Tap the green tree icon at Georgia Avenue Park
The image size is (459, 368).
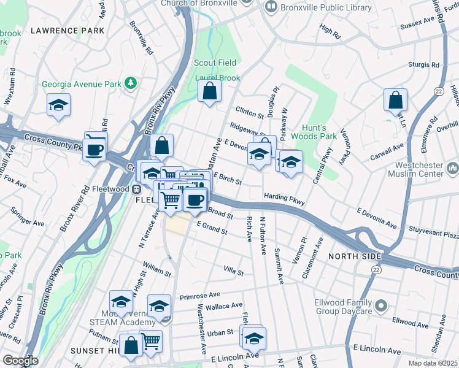[x=130, y=83]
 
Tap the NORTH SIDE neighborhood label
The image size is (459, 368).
[x=355, y=256]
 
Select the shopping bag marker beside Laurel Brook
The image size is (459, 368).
[x=210, y=92]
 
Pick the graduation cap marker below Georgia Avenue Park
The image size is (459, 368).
[x=59, y=105]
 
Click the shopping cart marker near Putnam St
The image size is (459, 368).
[x=151, y=341]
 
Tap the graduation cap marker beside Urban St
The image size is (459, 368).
[x=254, y=338]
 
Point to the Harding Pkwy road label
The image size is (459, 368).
[x=284, y=197]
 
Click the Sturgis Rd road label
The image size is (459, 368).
[x=424, y=64]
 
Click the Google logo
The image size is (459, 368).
[x=20, y=361]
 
